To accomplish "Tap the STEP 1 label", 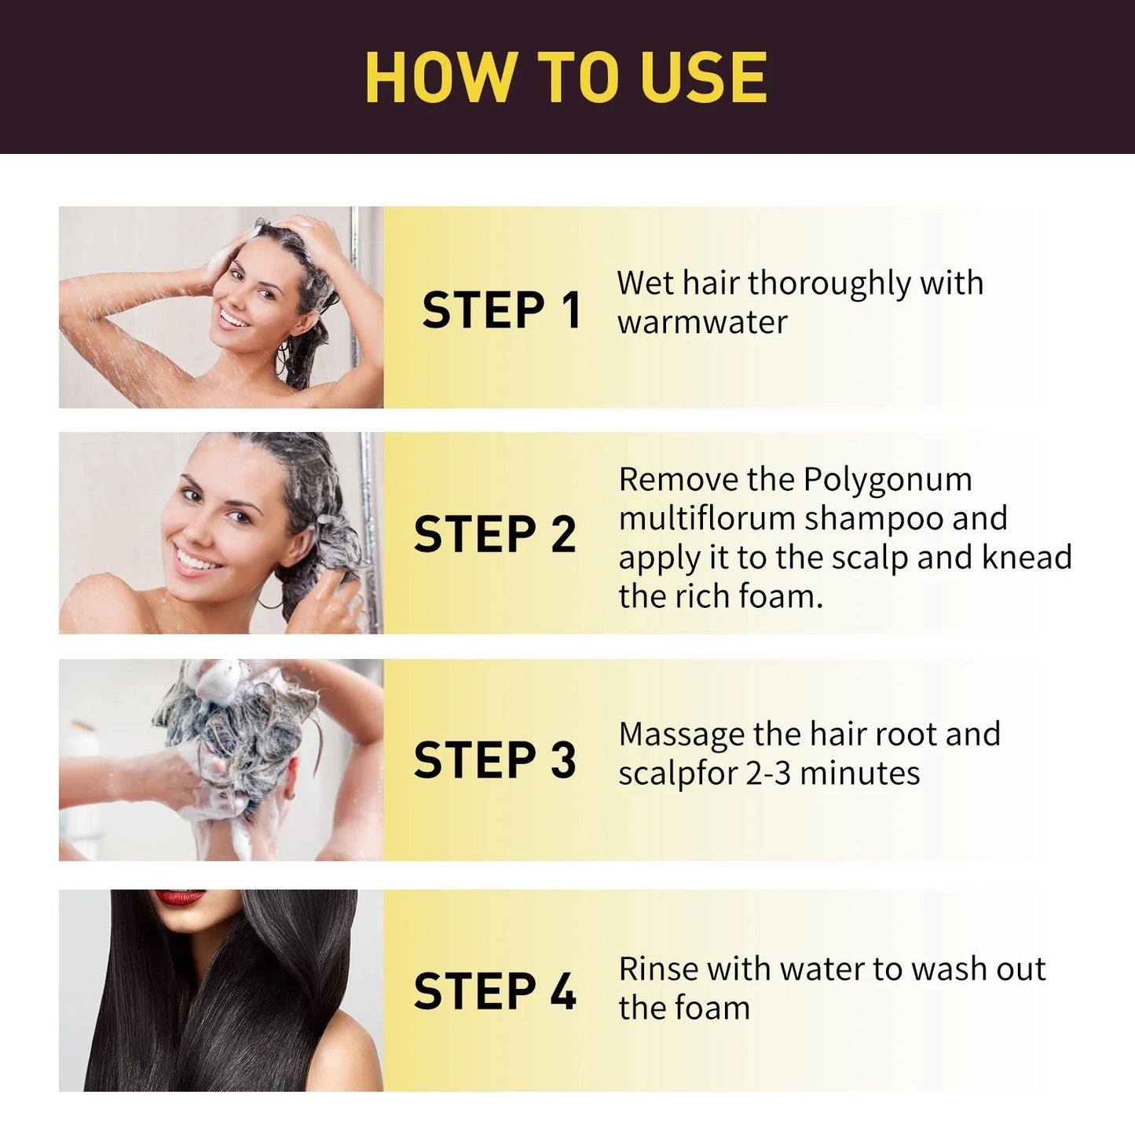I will pos(501,309).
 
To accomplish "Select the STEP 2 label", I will pos(495,535).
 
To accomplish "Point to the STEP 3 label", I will pos(495,760).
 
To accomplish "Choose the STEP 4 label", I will pos(495,991).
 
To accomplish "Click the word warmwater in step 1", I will pos(702,322).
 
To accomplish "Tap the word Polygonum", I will pos(888,480).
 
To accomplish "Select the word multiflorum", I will pos(707,518).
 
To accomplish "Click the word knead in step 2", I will pos(1027,558).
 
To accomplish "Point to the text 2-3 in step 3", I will pos(768,774).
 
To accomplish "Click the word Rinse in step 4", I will pos(657,969).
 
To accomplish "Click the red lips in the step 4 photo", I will pos(180,897).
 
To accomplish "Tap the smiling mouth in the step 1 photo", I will pos(233,319).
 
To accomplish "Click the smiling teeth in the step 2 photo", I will pos(196,561).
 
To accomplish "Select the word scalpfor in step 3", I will pos(676,774).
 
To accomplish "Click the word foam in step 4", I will pos(716,1008).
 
